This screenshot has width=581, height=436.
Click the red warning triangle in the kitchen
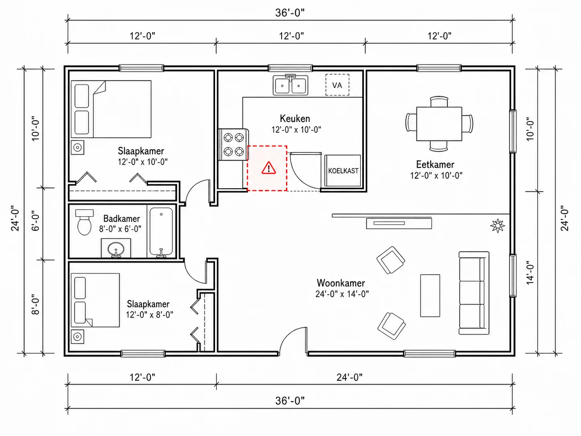click(x=269, y=168)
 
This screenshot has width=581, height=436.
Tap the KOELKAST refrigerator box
click(x=343, y=171)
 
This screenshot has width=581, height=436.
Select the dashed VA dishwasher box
click(x=337, y=85)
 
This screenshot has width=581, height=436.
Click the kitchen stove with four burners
click(x=234, y=145)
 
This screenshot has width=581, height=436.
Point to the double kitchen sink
click(x=290, y=85)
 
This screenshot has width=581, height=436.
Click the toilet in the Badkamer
click(x=84, y=222)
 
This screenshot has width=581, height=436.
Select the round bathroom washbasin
click(x=116, y=249)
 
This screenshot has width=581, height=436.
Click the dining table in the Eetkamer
click(x=439, y=124)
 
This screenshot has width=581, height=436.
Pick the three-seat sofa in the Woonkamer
click(x=474, y=293)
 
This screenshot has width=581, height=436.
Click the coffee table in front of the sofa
click(x=430, y=295)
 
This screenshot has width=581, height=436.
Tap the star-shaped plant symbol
click(x=498, y=226)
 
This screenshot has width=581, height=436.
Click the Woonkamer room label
click(x=341, y=283)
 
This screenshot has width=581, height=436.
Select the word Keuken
click(x=295, y=118)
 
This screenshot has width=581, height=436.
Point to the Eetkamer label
click(x=435, y=164)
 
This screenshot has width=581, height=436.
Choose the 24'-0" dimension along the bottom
click(x=349, y=377)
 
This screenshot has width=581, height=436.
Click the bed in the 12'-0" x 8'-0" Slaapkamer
click(x=95, y=300)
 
